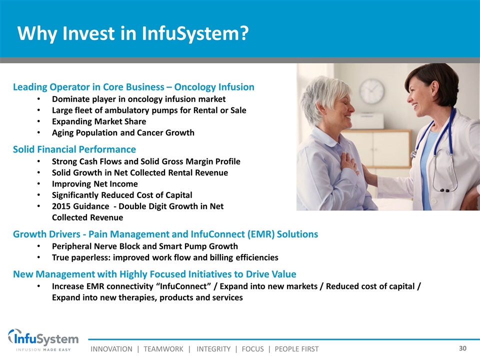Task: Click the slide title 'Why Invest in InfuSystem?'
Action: click(x=133, y=33)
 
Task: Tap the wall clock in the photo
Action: click(x=372, y=91)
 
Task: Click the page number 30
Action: click(x=462, y=348)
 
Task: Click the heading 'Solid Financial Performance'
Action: click(x=74, y=149)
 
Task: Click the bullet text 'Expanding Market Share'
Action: click(x=99, y=121)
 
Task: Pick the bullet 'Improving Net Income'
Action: click(x=95, y=184)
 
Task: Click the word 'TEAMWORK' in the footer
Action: click(x=163, y=349)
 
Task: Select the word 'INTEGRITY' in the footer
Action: click(x=213, y=349)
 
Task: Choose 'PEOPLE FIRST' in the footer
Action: click(x=296, y=349)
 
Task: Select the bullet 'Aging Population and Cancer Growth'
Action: click(x=123, y=133)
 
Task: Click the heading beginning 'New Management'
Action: click(x=154, y=274)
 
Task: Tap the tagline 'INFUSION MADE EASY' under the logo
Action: click(x=43, y=349)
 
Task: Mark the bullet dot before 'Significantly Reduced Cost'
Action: click(x=38, y=195)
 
